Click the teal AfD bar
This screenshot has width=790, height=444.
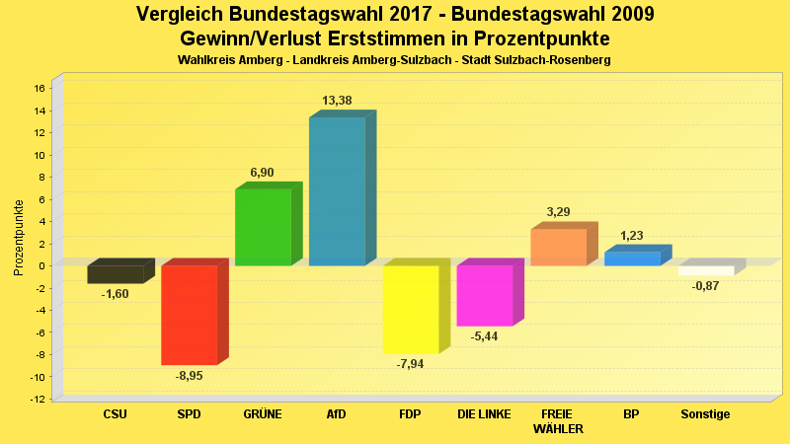[x=337, y=191]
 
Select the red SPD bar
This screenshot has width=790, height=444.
[x=189, y=315]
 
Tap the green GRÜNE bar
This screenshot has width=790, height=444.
[x=263, y=227]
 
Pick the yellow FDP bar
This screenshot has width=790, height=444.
[x=410, y=309]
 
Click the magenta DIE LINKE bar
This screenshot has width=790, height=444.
[x=484, y=295]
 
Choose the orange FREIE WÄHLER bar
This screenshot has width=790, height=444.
[x=558, y=247]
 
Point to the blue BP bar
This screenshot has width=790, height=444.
[x=632, y=259]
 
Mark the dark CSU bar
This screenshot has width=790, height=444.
[x=115, y=274]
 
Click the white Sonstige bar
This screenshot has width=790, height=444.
[x=705, y=270]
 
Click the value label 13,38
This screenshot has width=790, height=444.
[x=337, y=101]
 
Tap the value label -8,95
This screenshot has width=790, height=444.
[x=189, y=376]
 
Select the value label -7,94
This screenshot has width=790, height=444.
[x=410, y=364]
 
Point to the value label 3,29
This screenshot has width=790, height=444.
[x=558, y=212]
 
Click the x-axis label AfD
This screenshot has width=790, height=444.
[x=337, y=414]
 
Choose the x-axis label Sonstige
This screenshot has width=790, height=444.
[x=705, y=414]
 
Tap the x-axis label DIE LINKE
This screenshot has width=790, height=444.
[x=484, y=414]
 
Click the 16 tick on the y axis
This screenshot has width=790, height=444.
[x=39, y=88]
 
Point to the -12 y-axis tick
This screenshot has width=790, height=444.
[x=38, y=399]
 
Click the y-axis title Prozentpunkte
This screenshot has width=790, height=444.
[x=19, y=237]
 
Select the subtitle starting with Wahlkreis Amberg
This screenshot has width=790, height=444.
[x=394, y=61]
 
